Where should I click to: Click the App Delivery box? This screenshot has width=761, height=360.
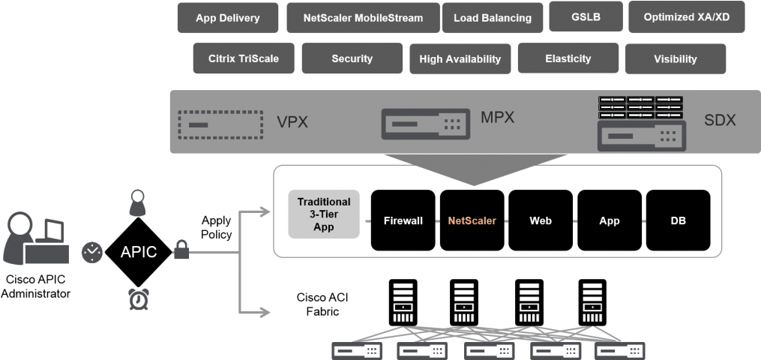pos(227,18)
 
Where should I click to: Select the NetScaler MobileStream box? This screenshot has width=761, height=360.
pos(362,18)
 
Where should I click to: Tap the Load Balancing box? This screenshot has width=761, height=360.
pos(492,18)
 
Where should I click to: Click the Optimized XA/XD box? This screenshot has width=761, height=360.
pos(686,16)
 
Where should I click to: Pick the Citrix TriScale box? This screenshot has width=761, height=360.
pos(243,58)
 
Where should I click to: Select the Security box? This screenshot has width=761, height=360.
pos(352,58)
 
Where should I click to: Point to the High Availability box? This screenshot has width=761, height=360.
pos(460,58)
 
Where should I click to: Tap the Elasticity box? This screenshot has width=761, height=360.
pos(568,58)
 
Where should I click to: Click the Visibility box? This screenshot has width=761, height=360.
pos(675,58)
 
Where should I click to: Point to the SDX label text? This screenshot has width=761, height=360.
pos(720,120)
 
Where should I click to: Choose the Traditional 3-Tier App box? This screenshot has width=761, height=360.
pos(323,214)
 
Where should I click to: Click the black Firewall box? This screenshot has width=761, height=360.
pos(403,220)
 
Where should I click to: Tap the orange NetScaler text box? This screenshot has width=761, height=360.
pos(472,220)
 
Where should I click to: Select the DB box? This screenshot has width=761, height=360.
pos(678,220)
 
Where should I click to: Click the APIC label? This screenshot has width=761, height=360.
pos(139,253)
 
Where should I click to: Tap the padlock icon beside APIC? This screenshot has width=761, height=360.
pos(181,250)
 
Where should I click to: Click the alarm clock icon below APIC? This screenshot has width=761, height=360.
pos(137,299)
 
